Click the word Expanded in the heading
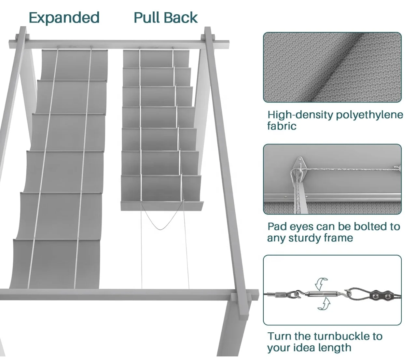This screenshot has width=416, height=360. (x=64, y=18)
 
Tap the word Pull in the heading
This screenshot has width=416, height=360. (x=147, y=18)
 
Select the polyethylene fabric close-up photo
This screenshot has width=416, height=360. (x=332, y=67)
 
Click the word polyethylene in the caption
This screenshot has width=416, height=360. (x=369, y=115)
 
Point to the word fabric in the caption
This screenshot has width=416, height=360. (x=282, y=126)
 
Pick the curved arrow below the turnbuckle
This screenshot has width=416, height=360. (x=324, y=305)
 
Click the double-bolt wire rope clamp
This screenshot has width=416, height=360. (x=381, y=296)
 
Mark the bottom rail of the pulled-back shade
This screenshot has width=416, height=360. (x=162, y=205)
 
